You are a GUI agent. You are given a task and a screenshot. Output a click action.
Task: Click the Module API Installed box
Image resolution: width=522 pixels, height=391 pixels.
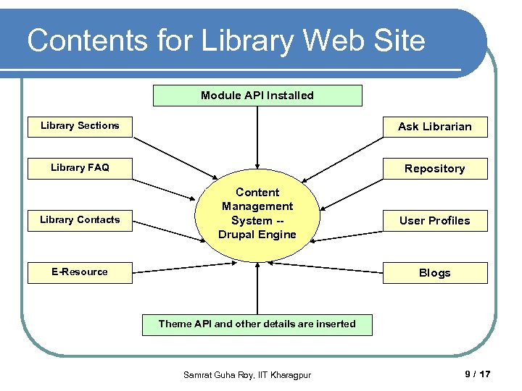click(x=257, y=96)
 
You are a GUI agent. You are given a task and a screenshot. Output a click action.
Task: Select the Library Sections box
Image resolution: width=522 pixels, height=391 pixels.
click(x=80, y=126)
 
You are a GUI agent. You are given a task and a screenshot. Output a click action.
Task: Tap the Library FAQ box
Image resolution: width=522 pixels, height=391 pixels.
click(x=80, y=168)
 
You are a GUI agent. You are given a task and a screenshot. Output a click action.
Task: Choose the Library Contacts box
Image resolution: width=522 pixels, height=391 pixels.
click(x=80, y=220)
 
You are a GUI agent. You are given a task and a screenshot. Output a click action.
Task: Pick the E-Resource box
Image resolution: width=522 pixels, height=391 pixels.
click(x=80, y=272)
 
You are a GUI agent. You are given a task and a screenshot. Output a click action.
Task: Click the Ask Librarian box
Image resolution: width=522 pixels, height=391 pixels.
click(x=435, y=127)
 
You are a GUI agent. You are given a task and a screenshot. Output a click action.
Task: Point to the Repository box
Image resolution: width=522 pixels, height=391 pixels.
click(x=435, y=169)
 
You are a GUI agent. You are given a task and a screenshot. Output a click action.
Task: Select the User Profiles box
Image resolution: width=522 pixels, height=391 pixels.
click(x=435, y=221)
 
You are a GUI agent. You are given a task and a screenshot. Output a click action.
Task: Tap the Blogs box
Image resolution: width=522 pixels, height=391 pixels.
click(x=435, y=273)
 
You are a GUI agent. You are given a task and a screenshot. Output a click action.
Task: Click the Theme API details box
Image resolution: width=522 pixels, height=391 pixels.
click(x=257, y=324)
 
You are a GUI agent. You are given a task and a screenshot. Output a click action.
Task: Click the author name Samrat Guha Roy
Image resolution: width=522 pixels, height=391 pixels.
click(x=218, y=374)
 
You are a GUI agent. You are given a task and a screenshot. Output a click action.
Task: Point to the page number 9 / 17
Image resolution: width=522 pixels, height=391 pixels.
click(x=477, y=374)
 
